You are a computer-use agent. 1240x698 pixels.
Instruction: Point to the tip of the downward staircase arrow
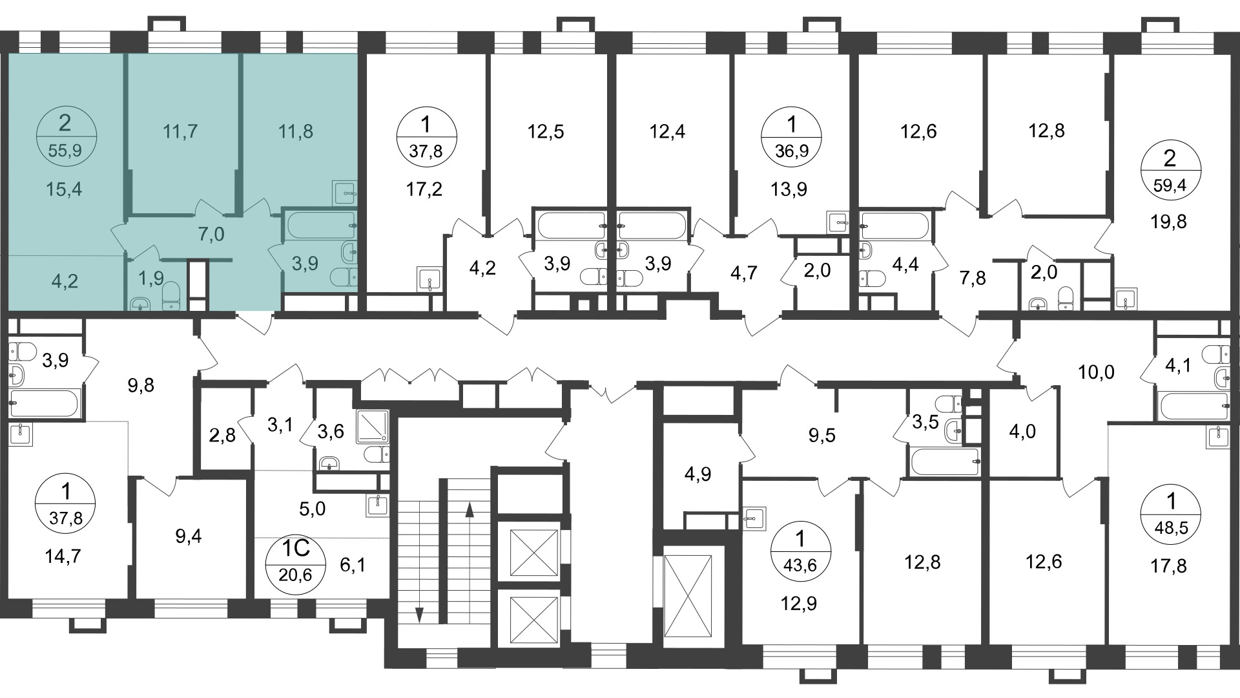click(x=418, y=623)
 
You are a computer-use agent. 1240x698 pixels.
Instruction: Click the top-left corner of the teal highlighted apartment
click(x=7, y=54)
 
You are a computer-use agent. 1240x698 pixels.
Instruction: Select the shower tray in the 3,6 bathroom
click(x=373, y=426)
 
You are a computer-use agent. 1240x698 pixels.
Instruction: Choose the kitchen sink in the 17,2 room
click(x=429, y=279)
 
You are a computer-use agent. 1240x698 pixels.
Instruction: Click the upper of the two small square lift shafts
click(x=534, y=552)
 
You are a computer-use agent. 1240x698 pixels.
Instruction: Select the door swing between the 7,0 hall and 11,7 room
click(x=207, y=208)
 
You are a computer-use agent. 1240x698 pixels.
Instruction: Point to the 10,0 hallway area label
click(x=1096, y=372)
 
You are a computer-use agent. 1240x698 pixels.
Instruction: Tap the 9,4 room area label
click(x=188, y=536)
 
